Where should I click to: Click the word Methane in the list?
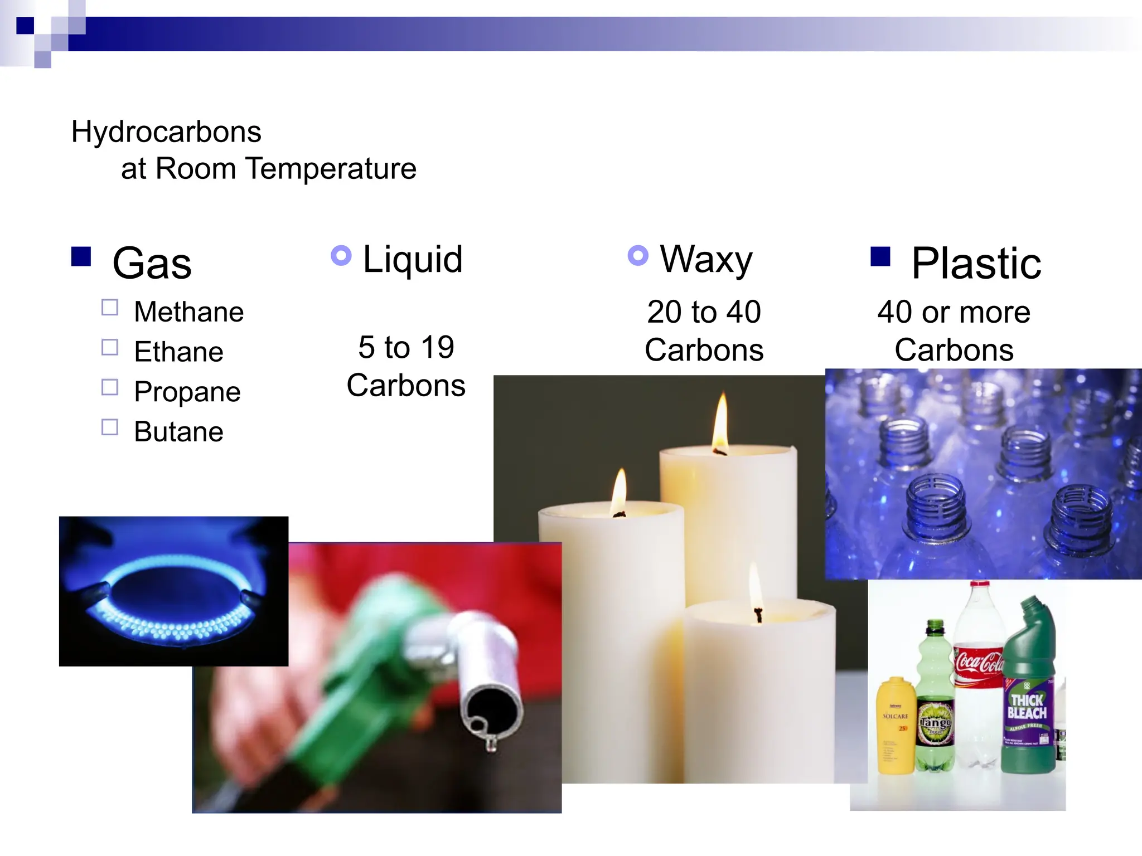pyautogui.click(x=189, y=312)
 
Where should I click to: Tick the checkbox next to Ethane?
pyautogui.click(x=110, y=348)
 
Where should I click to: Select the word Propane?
pyautogui.click(x=187, y=392)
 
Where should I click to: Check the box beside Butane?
pyautogui.click(x=110, y=427)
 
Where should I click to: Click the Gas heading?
pyautogui.click(x=152, y=263)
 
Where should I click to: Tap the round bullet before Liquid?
pyautogui.click(x=341, y=256)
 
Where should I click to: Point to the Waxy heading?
pyautogui.click(x=706, y=259)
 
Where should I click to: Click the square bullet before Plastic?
pyautogui.click(x=880, y=256)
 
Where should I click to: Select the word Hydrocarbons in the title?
pyautogui.click(x=166, y=132)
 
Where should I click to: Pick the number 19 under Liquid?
pyautogui.click(x=437, y=347)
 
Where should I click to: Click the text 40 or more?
pyautogui.click(x=954, y=312)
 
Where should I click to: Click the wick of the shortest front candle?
pyautogui.click(x=758, y=614)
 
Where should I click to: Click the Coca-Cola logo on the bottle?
pyautogui.click(x=979, y=662)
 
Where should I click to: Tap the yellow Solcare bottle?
pyautogui.click(x=896, y=724)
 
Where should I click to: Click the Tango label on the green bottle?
pyautogui.click(x=935, y=723)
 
